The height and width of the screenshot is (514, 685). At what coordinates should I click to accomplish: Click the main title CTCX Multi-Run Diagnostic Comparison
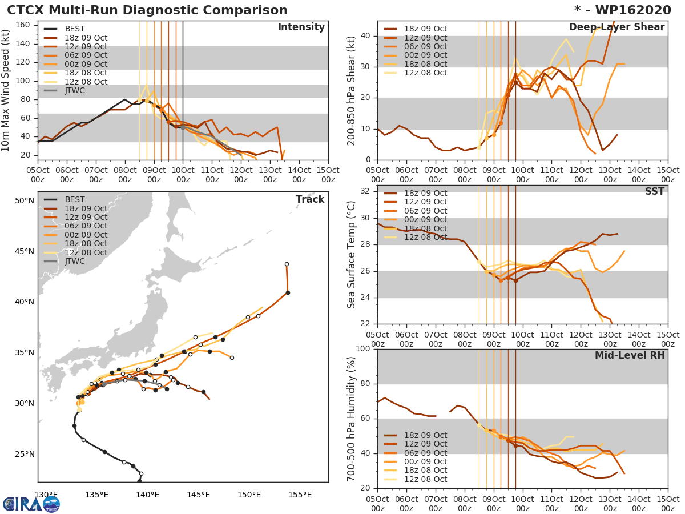point(147,10)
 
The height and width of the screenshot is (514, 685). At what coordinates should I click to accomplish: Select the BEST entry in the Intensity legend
point(75,29)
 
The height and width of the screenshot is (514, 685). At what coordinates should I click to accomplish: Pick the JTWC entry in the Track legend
point(75,262)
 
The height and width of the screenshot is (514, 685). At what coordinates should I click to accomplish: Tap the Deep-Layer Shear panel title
point(616,27)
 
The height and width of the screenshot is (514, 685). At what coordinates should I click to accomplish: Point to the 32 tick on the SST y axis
point(366,191)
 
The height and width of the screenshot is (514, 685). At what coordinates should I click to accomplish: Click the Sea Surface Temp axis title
point(352,255)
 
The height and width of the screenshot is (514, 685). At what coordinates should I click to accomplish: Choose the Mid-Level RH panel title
point(630,356)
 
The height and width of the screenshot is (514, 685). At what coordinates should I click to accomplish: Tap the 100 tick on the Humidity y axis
point(363,349)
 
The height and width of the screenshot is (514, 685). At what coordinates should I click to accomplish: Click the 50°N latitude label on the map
point(25,200)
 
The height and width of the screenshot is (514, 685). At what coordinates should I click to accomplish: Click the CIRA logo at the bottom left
point(31,504)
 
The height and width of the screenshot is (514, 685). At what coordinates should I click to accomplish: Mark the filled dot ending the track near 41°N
point(288,292)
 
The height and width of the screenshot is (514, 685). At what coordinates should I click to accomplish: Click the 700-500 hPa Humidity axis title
point(352,419)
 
